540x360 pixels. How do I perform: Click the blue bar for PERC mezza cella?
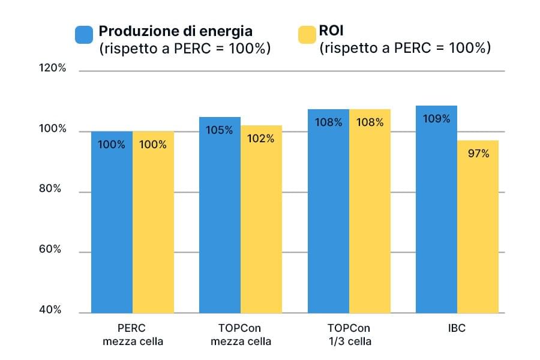point(112,222)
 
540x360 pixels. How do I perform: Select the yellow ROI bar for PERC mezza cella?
point(153,222)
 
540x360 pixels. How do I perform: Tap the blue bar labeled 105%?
point(220,216)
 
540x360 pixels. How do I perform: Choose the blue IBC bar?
point(436,210)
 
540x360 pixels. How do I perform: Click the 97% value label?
point(478,154)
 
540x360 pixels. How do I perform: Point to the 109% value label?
point(436,119)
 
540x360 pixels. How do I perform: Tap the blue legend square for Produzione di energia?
point(83,35)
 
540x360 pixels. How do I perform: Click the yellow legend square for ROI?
point(306,35)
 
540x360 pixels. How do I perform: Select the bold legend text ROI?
point(331,31)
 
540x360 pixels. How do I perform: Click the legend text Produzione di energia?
point(175,31)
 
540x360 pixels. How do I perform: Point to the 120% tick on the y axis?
point(52,68)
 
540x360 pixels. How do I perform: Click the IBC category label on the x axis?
point(457,329)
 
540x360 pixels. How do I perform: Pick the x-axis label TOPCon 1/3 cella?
point(349,335)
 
